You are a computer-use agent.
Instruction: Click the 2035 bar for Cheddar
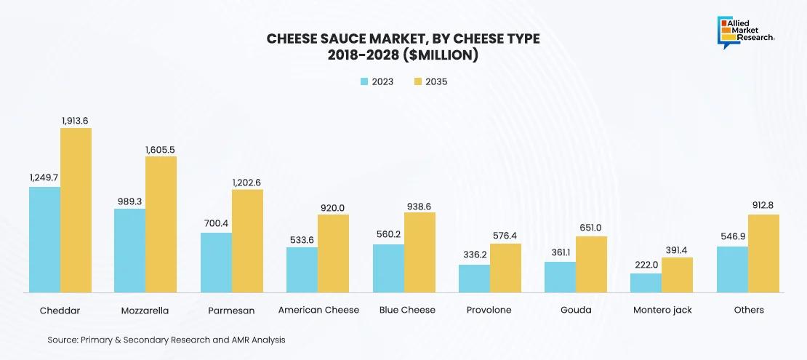(76, 210)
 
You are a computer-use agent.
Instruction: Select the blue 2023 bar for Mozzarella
(129, 250)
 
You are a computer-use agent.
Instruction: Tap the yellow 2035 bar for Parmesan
(247, 241)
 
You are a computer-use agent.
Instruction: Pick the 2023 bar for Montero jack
(646, 283)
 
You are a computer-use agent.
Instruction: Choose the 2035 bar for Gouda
(591, 264)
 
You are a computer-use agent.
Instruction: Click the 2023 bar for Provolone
(474, 279)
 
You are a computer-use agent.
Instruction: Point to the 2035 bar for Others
(763, 253)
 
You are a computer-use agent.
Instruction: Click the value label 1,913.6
(75, 120)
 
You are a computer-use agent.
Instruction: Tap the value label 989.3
(129, 201)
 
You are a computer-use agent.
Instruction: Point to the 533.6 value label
(302, 239)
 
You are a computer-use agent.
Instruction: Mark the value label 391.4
(677, 249)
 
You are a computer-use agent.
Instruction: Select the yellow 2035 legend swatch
(418, 81)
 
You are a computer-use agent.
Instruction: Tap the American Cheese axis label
(318, 310)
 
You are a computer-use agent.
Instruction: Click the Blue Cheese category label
(407, 310)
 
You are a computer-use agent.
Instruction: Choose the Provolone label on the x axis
(489, 310)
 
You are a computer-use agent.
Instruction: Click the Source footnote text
(166, 340)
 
